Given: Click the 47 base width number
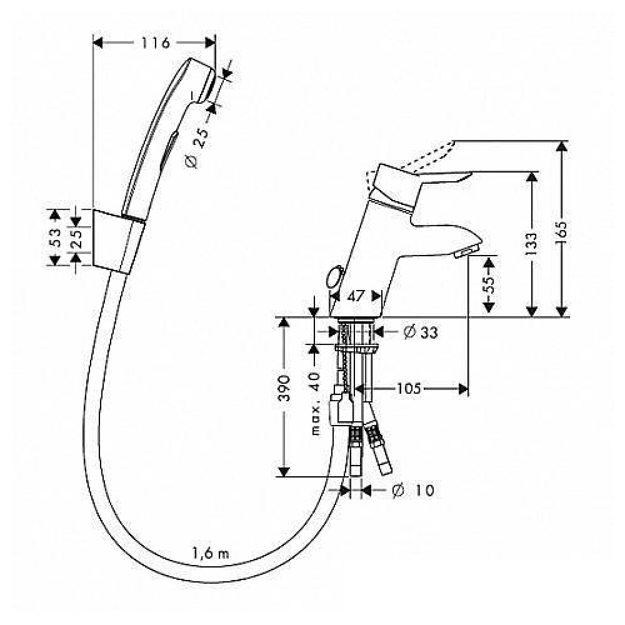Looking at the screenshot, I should click(x=355, y=296).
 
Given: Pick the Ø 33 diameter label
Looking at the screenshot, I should click(x=420, y=332).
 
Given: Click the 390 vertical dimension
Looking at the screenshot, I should click(x=284, y=389).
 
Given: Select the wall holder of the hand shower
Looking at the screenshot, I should click(x=119, y=241).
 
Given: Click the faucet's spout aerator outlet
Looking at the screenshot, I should click(x=466, y=252).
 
